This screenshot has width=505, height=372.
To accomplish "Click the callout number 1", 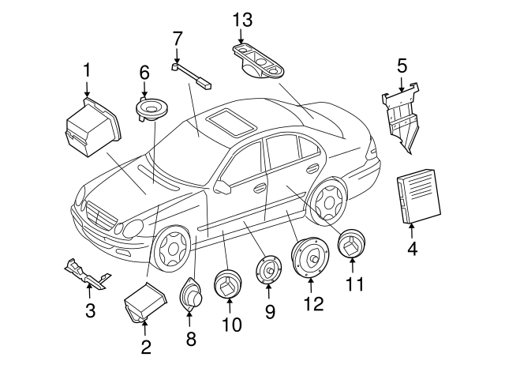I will coord(87,73).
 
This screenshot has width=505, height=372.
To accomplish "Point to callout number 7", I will coord(178,38).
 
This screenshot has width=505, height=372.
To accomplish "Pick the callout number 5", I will coord(402,67).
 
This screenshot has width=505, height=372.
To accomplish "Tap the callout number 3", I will coord(90,310).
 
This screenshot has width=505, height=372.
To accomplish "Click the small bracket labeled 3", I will coord(88,272).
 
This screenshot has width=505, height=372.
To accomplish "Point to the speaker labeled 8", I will coord(192,296).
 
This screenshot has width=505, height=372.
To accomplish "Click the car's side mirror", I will coord(223,188).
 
